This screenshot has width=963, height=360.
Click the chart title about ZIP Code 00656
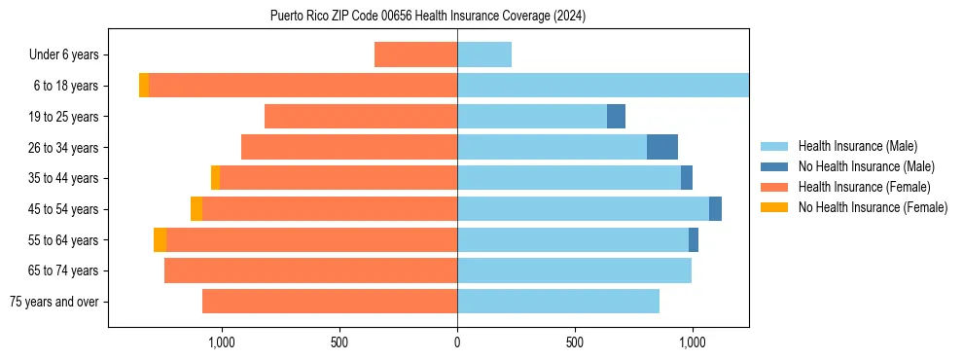tap(428, 17)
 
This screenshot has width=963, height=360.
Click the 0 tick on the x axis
tap(457, 342)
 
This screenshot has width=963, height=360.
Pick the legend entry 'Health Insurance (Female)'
tap(864, 187)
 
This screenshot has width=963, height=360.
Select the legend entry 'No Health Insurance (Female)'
tap(873, 207)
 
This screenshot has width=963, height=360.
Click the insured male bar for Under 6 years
tap(484, 55)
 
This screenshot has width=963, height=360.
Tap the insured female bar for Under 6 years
tap(415, 55)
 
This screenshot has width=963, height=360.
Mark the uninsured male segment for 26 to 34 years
tap(662, 147)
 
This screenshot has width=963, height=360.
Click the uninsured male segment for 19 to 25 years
tap(616, 117)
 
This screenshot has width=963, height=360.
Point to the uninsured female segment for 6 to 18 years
tap(144, 86)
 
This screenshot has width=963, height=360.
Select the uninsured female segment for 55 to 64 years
tap(160, 240)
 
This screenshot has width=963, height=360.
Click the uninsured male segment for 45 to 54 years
tap(715, 209)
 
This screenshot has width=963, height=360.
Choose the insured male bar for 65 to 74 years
tap(574, 270)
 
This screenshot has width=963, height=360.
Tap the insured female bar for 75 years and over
tap(330, 302)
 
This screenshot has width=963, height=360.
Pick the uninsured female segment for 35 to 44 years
tap(215, 178)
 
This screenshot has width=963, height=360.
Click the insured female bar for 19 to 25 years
tap(361, 117)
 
